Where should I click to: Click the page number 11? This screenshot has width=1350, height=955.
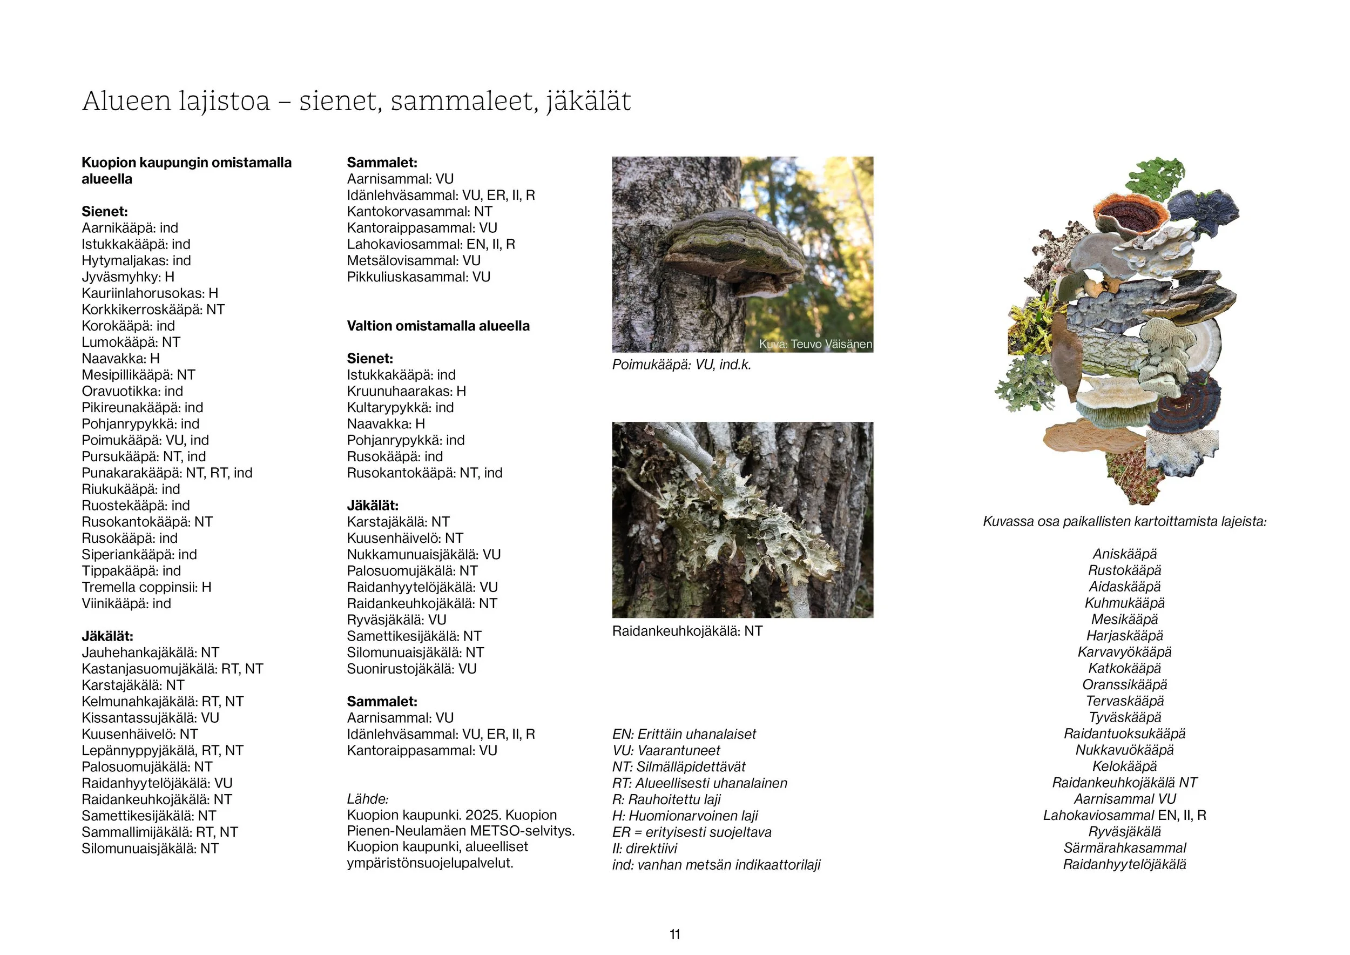[x=674, y=934]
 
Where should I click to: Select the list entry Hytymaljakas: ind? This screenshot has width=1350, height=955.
[x=136, y=260]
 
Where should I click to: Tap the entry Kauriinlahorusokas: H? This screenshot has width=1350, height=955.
[x=150, y=293]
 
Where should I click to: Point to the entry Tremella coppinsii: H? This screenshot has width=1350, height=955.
[x=146, y=587]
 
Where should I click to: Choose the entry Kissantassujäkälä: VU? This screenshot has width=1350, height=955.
[x=150, y=717]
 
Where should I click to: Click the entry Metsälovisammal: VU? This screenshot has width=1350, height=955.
[x=413, y=260]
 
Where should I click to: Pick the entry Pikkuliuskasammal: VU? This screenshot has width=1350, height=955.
[x=418, y=277]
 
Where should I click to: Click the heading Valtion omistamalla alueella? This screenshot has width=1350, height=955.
[x=438, y=326]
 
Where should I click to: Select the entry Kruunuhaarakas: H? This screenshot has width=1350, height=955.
[x=406, y=391]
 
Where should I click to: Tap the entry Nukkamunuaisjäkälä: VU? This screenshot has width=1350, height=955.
[x=423, y=555]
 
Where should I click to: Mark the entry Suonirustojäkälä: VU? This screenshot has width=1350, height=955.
[x=411, y=669]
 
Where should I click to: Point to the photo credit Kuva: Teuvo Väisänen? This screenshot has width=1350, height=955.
[x=815, y=344]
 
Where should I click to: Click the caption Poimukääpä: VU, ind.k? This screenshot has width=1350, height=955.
[x=681, y=365]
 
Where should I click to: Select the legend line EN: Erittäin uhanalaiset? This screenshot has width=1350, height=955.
[x=684, y=734]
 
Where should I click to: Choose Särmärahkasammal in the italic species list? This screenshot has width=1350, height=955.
[x=1124, y=848]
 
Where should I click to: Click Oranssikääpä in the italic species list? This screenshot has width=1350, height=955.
[x=1124, y=684]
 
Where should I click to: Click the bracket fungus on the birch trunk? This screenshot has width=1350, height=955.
[x=735, y=250]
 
